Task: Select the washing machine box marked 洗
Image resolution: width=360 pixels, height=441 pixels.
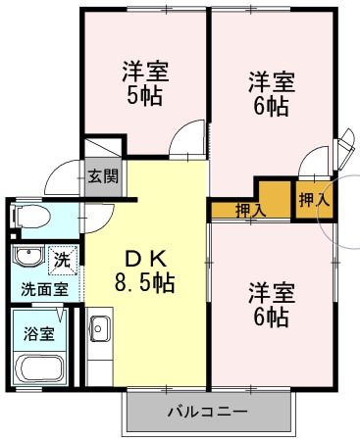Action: tap(62, 260)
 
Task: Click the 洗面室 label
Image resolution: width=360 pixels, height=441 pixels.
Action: tap(45, 290)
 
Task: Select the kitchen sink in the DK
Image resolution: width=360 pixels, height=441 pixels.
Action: tap(99, 330)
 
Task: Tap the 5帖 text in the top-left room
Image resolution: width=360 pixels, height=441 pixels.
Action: tap(144, 96)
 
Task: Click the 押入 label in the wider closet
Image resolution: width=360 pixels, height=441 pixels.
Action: tap(249, 209)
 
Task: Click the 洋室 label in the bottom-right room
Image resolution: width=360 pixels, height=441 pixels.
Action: tap(271, 292)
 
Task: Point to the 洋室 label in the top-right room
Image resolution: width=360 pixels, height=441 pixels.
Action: tap(270, 81)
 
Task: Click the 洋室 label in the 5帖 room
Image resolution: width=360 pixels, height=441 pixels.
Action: tap(145, 72)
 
